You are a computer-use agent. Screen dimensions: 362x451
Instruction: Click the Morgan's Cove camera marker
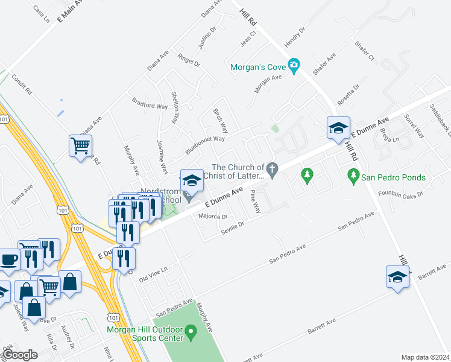coord(294,66)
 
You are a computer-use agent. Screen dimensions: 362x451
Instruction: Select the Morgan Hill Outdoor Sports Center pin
coord(191,331)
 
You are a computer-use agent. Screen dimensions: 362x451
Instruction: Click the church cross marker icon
coord(273,171)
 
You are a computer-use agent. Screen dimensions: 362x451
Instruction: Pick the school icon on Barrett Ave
coord(397,277)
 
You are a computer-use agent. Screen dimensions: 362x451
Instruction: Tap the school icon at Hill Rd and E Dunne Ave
coord(338,127)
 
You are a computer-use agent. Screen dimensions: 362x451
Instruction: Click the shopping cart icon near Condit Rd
coord(80,145)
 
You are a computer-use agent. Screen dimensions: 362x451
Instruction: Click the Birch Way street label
coord(221,121)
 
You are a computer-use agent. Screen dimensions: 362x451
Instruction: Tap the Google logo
coord(20,355)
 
